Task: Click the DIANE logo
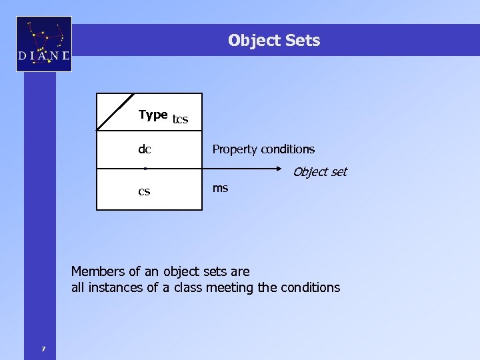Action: pos(44,45)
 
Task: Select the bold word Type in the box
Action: pos(153,115)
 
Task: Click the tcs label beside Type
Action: pos(181,120)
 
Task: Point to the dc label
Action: pos(145,149)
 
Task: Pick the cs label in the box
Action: pos(144,192)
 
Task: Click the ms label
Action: pos(220,188)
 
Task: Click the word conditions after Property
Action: pos(287,149)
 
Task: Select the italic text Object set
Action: pos(320,172)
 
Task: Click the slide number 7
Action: pos(43,348)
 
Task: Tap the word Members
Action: pos(97,271)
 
